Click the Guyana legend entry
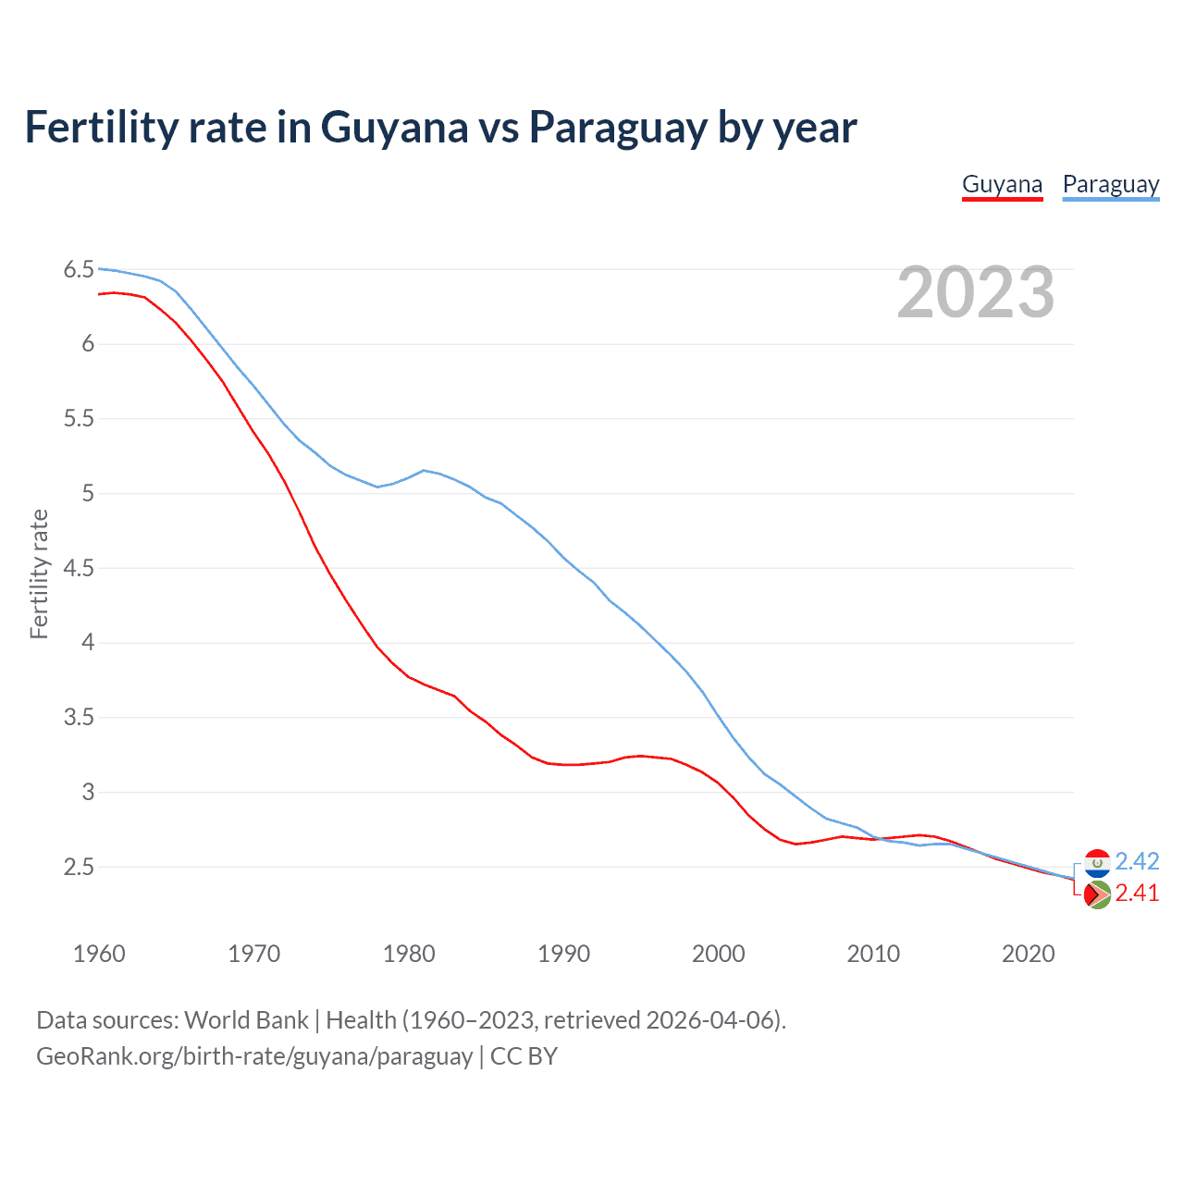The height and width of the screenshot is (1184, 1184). tap(1002, 184)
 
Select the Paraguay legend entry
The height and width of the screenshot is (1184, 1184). tap(1110, 184)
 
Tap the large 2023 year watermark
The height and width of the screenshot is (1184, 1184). tap(975, 292)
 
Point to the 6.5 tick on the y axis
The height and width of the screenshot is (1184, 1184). tap(79, 270)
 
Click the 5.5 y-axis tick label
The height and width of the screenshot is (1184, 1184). tap(79, 419)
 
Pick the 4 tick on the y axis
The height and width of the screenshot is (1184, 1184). tap(88, 643)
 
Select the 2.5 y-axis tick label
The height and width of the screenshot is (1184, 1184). tap(79, 868)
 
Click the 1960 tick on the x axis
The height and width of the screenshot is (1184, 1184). tap(99, 954)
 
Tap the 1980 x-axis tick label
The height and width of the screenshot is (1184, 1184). tap(409, 954)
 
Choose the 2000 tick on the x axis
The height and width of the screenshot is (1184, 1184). tap(719, 954)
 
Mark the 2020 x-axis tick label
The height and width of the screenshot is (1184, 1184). tap(1028, 954)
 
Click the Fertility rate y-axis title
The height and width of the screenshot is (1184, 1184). tap(39, 573)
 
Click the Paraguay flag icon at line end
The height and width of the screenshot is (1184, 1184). tap(1097, 863)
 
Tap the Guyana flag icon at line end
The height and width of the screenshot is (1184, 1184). tap(1097, 895)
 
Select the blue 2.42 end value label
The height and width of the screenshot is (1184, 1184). tap(1137, 862)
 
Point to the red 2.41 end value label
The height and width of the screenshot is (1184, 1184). tap(1137, 894)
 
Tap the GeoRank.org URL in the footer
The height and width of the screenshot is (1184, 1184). tap(254, 1056)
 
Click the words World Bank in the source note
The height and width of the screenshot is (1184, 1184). tap(246, 1020)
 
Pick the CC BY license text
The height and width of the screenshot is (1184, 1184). tap(524, 1056)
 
